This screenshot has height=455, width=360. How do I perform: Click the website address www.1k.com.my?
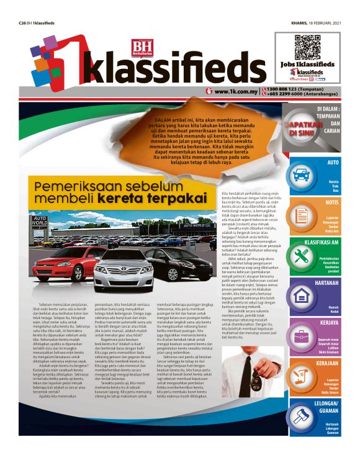235,92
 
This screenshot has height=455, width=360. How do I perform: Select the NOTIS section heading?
331,202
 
